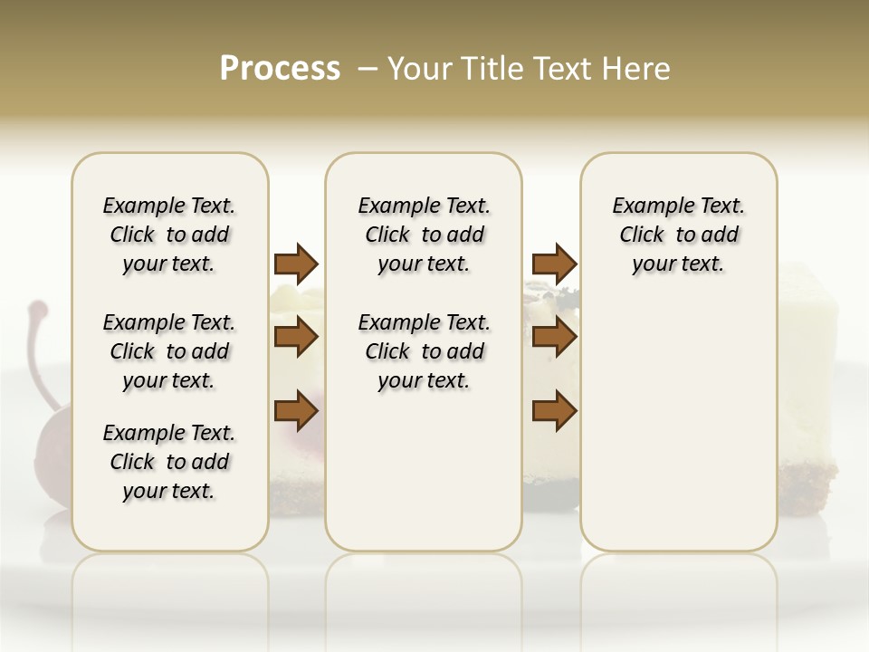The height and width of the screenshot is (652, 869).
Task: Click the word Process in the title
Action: [x=280, y=69]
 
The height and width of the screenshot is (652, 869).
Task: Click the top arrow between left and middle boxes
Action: [x=296, y=264]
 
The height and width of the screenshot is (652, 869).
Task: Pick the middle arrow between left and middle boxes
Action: [x=296, y=338]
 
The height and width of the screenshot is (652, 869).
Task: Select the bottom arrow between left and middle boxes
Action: [x=296, y=410]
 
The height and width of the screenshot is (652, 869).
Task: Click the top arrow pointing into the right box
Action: [x=554, y=264]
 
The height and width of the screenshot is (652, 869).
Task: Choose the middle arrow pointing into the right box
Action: [x=554, y=338]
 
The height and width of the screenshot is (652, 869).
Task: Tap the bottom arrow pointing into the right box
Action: [x=554, y=410]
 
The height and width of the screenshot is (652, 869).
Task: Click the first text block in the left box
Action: [x=169, y=235]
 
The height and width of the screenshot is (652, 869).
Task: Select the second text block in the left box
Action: [x=169, y=351]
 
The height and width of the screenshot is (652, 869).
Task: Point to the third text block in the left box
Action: [x=169, y=462]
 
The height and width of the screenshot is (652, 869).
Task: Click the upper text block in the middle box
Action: [x=424, y=235]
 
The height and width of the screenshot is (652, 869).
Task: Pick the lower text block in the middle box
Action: [x=424, y=351]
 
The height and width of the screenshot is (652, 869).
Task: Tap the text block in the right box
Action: [x=678, y=235]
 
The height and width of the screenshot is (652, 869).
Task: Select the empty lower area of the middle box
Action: [x=424, y=471]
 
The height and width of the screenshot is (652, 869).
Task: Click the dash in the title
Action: [x=368, y=69]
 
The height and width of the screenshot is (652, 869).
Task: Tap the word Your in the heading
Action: [x=420, y=69]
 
